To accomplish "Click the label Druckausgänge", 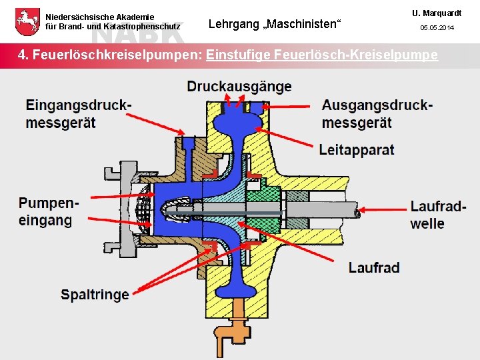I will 239,87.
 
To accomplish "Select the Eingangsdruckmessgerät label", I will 79,114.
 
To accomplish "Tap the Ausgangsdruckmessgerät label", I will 377,114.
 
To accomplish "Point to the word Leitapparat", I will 357,149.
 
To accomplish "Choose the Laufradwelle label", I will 438,215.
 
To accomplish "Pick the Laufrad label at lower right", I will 374,267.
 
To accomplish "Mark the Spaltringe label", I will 95,293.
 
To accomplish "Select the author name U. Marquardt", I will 436,13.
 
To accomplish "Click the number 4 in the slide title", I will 23,55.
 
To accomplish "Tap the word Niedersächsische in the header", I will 77,17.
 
